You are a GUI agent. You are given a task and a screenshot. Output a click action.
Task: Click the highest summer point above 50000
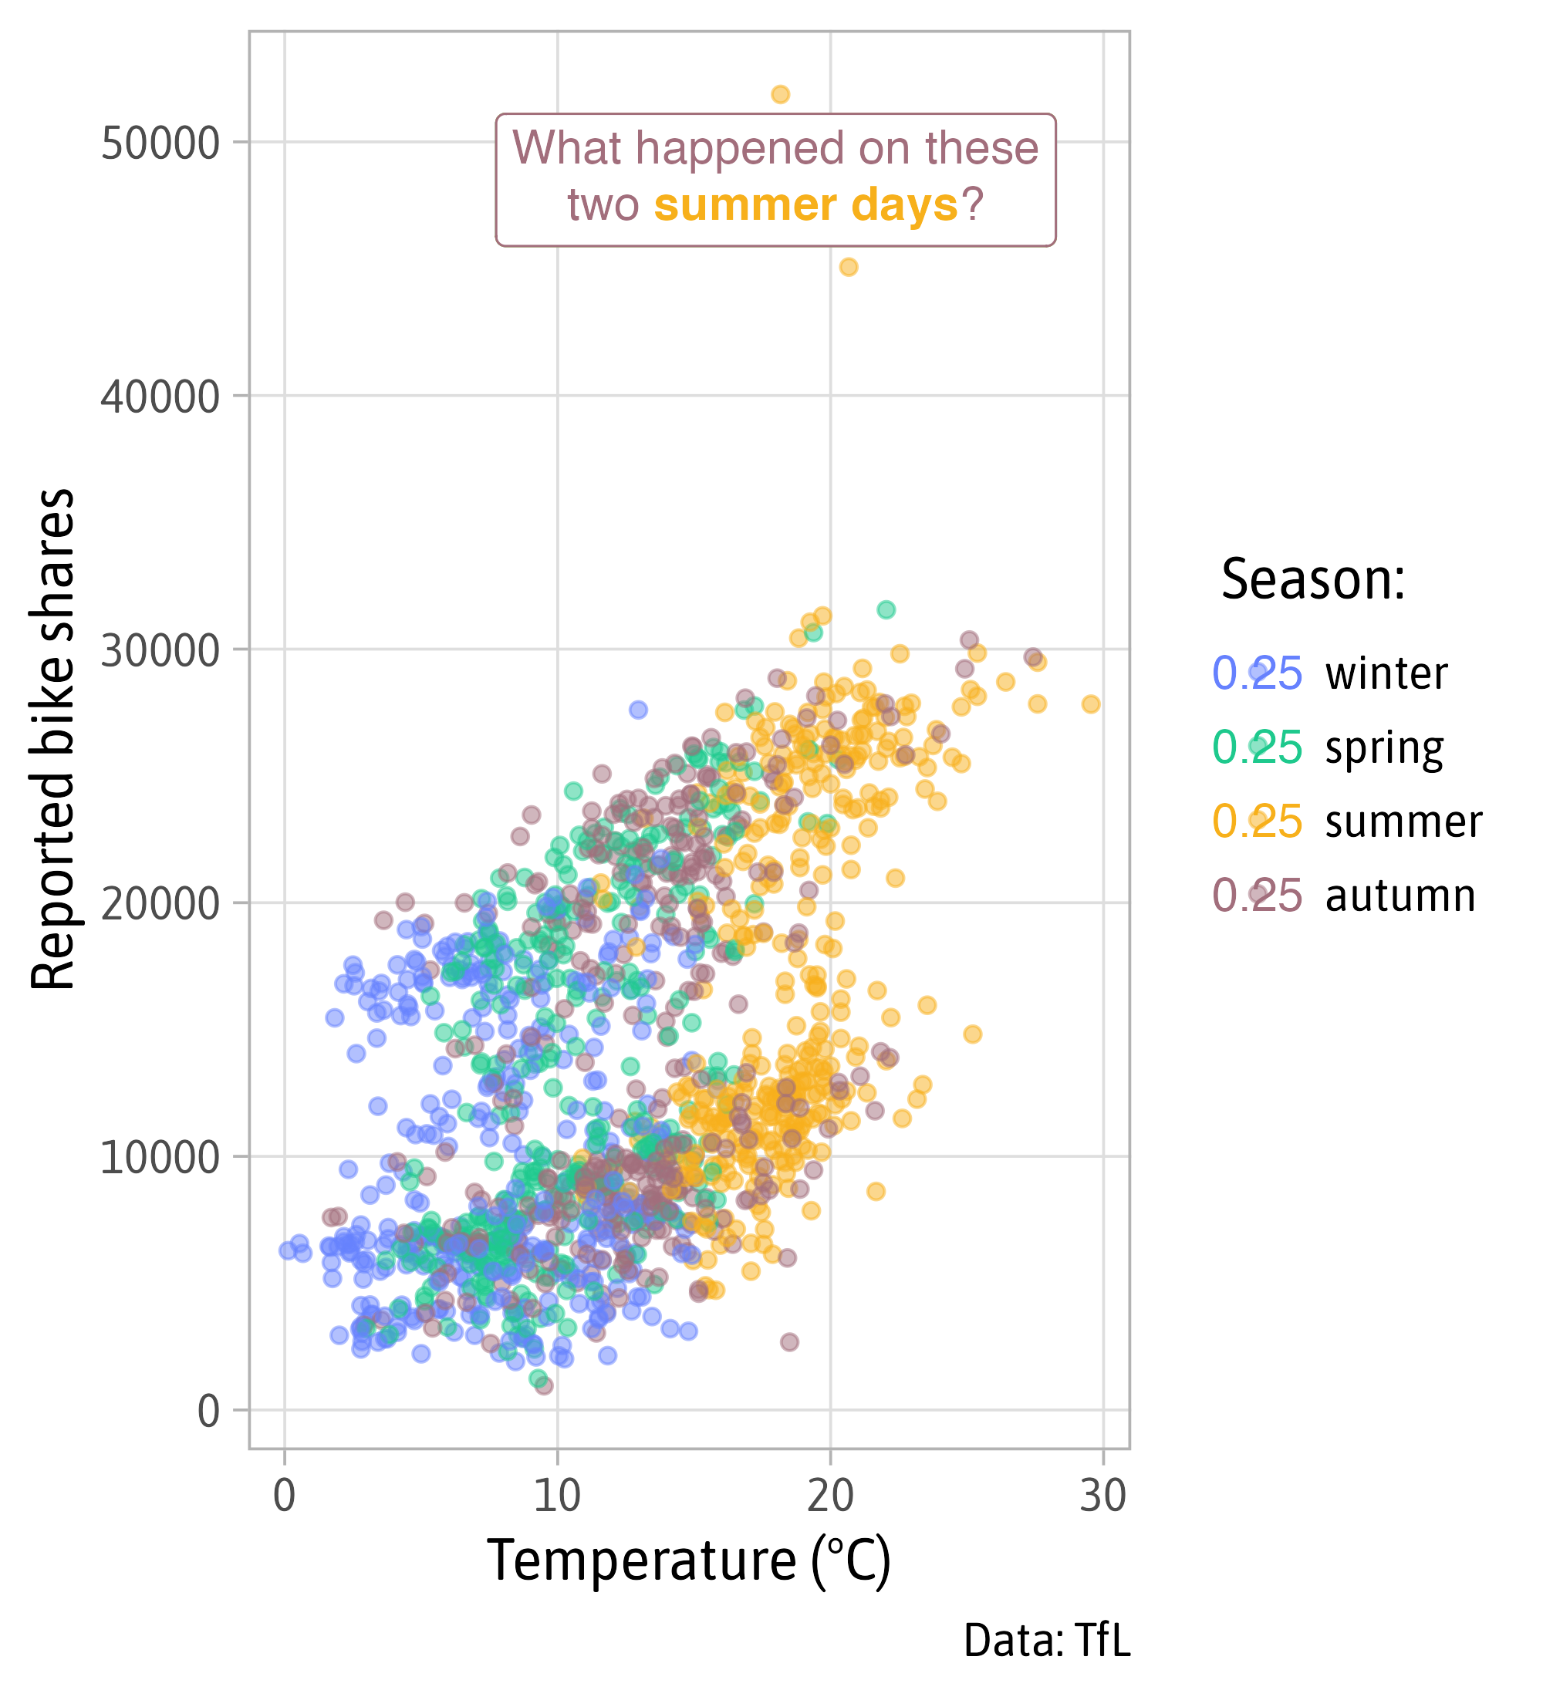click(x=780, y=94)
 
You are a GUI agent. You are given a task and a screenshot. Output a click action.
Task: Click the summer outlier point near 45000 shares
click(x=849, y=267)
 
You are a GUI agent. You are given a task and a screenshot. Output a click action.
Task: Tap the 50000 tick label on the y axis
click(x=160, y=144)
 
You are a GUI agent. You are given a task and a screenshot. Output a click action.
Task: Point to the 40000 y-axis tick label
click(x=160, y=396)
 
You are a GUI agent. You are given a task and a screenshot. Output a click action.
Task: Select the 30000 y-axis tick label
click(x=160, y=651)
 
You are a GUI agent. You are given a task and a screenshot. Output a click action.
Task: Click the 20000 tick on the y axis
click(x=160, y=904)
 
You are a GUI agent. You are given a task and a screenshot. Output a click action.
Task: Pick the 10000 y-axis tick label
click(x=160, y=1157)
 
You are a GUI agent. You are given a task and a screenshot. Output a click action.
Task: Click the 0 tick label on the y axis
click(x=209, y=1411)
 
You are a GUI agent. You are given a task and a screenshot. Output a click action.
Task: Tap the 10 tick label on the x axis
click(x=556, y=1496)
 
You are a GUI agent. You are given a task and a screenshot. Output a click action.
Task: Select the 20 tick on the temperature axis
click(x=830, y=1496)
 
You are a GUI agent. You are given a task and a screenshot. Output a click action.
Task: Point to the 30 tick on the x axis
click(x=1102, y=1496)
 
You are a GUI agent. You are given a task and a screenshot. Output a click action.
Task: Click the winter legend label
click(x=1386, y=673)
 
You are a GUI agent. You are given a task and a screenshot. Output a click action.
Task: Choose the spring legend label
click(x=1384, y=747)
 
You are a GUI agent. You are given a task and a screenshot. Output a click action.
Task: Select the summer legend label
click(x=1403, y=822)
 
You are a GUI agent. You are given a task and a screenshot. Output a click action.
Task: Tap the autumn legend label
click(x=1400, y=896)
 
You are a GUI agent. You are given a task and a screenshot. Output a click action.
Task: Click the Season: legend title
click(x=1313, y=580)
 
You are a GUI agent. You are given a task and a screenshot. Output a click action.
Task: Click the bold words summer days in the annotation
click(x=805, y=204)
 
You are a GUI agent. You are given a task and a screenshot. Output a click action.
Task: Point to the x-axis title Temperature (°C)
click(x=689, y=1560)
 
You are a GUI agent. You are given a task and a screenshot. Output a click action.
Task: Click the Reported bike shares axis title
click(x=52, y=739)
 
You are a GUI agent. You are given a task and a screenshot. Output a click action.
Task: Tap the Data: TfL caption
click(x=1046, y=1641)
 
